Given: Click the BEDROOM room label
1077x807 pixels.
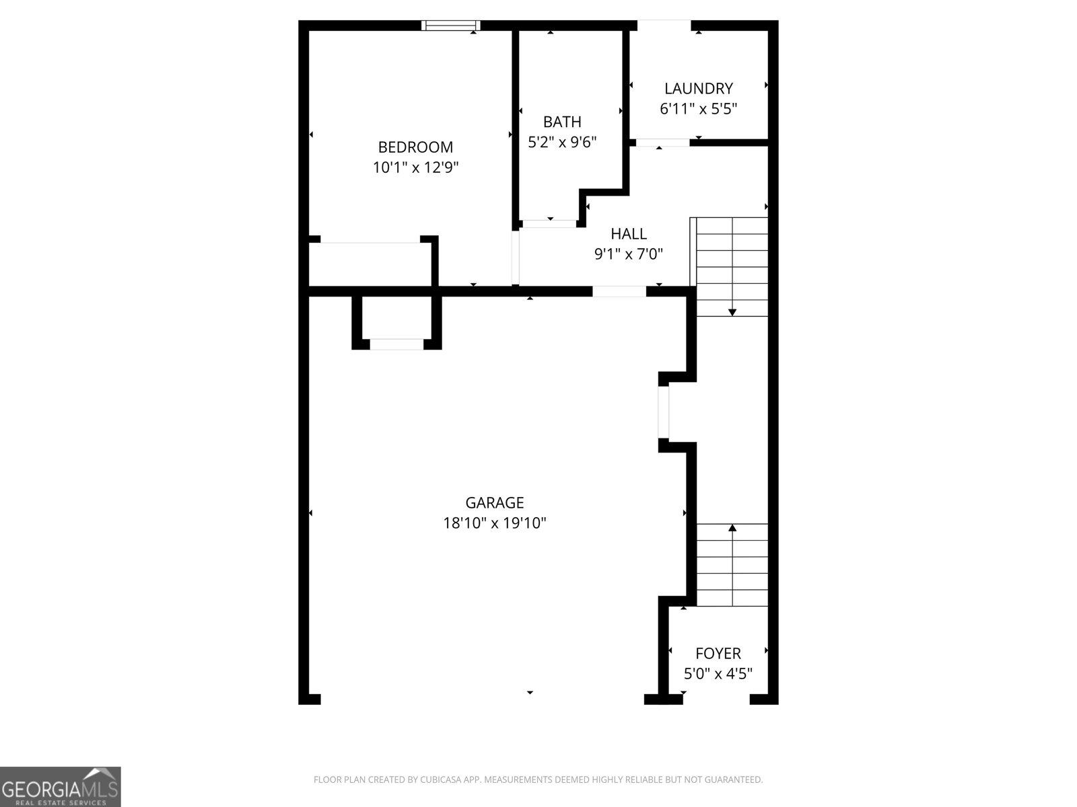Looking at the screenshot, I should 415,147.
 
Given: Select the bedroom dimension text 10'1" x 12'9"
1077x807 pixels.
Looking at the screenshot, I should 415,167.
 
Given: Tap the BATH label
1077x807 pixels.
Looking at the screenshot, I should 562,122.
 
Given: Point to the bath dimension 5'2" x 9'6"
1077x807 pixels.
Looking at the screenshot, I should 562,142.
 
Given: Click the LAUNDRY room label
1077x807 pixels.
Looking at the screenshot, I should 698,88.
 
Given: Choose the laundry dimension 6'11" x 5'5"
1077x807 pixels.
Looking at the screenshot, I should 698,108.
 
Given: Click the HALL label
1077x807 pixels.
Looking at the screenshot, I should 629,233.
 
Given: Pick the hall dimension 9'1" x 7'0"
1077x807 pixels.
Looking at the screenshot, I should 629,254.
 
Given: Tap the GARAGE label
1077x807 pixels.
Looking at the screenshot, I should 495,502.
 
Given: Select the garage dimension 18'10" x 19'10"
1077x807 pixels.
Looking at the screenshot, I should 495,523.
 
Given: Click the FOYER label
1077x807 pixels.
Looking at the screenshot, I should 718,653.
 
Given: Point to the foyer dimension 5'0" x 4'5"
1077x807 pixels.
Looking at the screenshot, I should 718,673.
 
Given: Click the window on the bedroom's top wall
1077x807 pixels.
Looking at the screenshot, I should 451,26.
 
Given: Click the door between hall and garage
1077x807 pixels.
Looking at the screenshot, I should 619,291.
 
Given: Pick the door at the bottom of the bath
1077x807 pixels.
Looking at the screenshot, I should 550,223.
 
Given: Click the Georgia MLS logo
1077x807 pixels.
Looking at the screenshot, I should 61,787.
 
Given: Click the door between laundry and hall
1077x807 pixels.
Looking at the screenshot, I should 662,143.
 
